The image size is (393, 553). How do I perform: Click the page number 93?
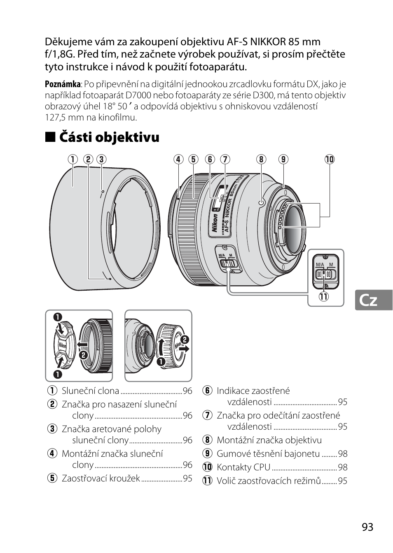[x=367, y=527]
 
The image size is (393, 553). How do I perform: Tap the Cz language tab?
[x=368, y=300]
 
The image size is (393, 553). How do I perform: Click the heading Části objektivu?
[x=109, y=137]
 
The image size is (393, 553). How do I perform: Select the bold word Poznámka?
[x=63, y=84]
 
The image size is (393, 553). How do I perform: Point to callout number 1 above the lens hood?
[x=73, y=160]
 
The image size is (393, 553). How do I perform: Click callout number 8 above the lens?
[x=261, y=160]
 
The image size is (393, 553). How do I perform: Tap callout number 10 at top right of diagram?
[x=329, y=160]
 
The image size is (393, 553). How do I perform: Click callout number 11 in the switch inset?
[x=323, y=296]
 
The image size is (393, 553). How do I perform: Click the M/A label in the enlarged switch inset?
[x=320, y=264]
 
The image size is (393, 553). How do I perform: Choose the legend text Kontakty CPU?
[x=243, y=467]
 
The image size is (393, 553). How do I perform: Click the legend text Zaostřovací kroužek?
[x=101, y=479]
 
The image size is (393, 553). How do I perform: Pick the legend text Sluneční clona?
[x=90, y=391]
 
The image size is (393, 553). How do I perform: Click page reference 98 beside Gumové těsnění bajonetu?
[x=343, y=454]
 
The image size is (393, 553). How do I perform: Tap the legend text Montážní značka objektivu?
[x=269, y=440]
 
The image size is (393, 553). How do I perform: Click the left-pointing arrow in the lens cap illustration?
[x=82, y=345]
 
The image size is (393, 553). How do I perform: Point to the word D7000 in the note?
[x=139, y=95]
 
